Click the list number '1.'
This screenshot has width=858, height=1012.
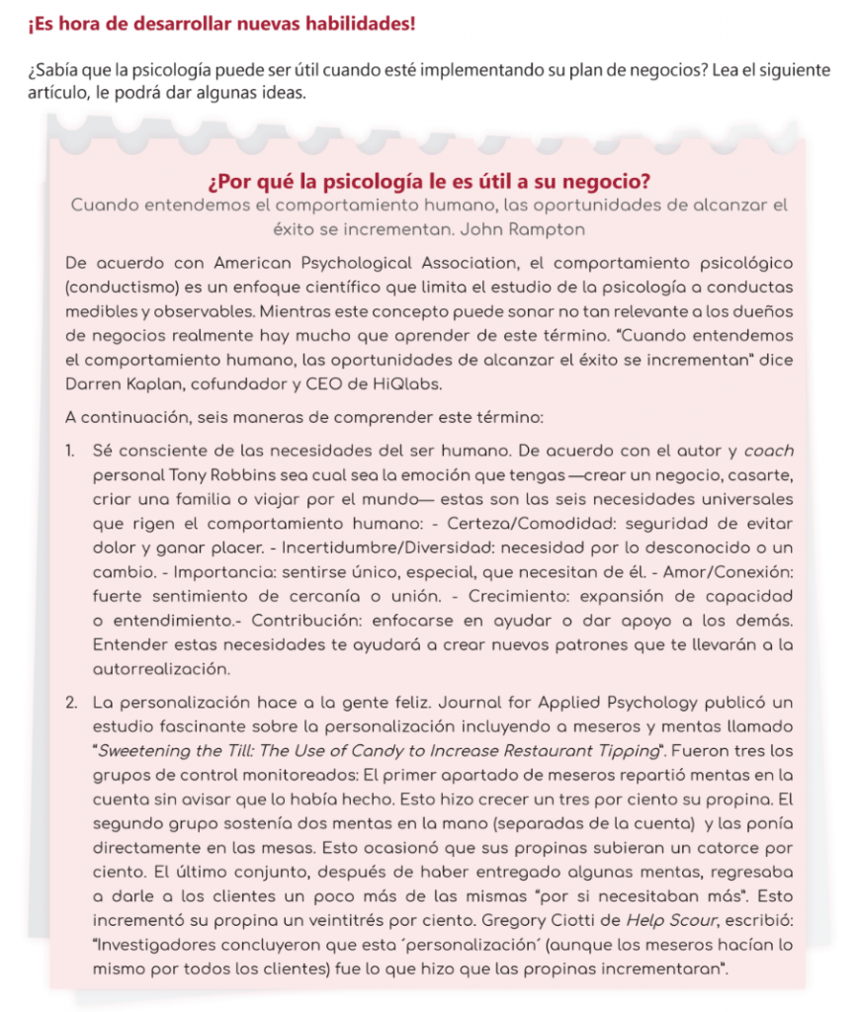[x=72, y=451]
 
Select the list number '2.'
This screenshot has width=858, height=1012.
[x=72, y=704]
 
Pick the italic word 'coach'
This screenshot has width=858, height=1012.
[x=769, y=451]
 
